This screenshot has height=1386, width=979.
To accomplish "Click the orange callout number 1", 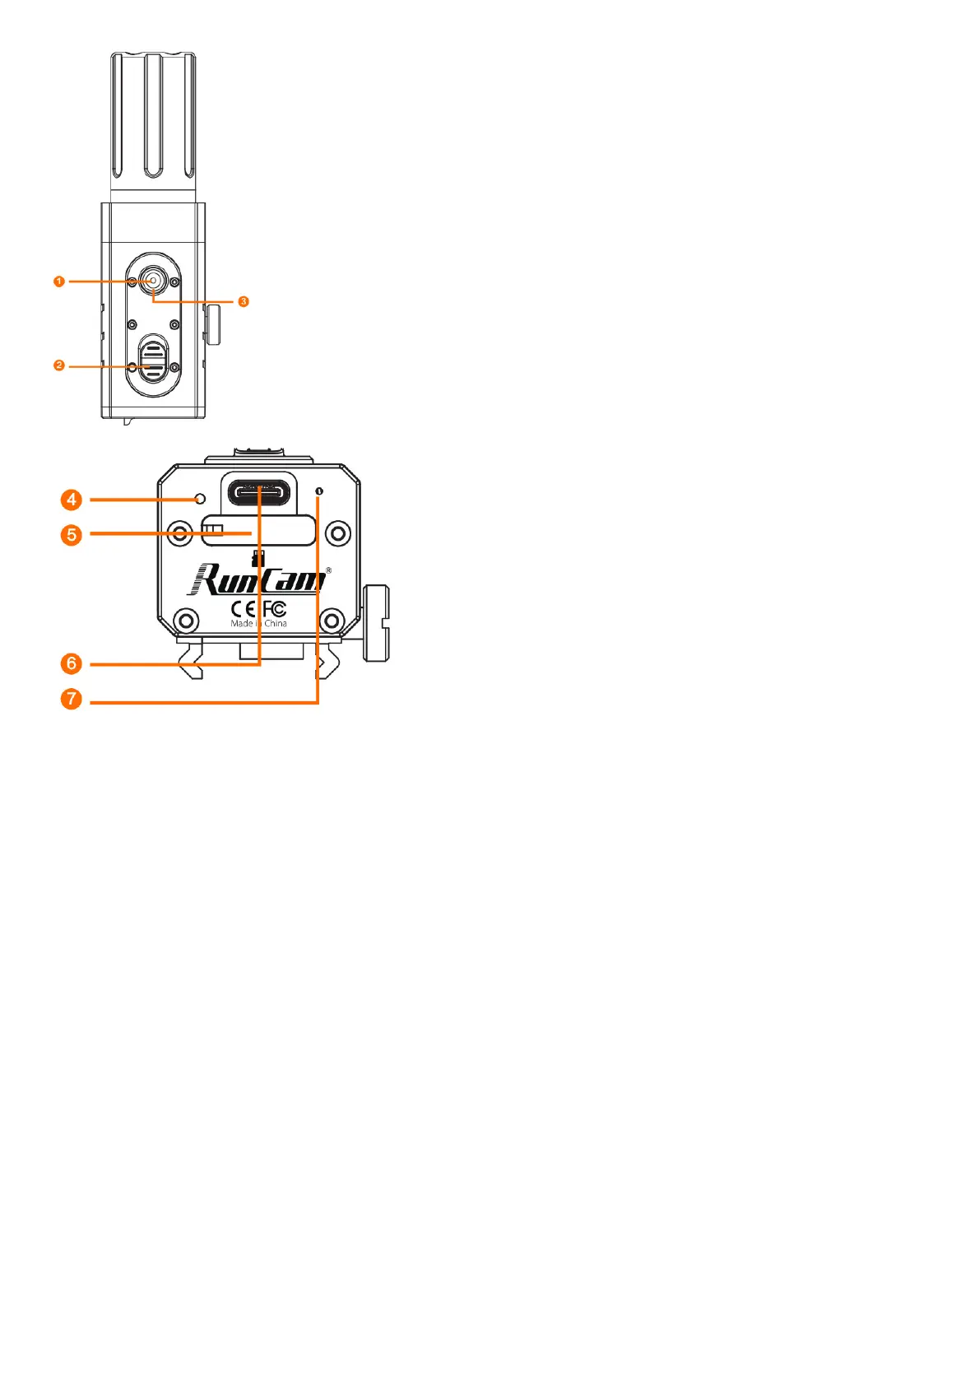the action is (x=58, y=281).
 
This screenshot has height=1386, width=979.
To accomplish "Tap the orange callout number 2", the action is (x=58, y=365).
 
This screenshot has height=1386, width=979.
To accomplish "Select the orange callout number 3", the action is (x=244, y=302).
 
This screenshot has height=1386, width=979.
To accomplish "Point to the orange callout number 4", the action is (x=72, y=500).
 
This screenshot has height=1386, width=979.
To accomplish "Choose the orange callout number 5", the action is (x=72, y=535).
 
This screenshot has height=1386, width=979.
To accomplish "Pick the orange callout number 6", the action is (x=72, y=663).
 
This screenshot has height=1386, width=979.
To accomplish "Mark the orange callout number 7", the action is (x=72, y=700).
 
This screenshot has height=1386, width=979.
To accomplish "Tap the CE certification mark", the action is (x=244, y=609).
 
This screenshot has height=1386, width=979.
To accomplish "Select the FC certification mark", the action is (x=275, y=609).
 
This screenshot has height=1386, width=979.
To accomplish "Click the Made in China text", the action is (x=259, y=624).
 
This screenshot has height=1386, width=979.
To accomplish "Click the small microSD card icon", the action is (x=258, y=557).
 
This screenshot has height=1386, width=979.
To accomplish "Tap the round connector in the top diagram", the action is (x=153, y=281).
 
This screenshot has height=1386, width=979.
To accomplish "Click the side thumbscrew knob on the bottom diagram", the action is (x=378, y=623).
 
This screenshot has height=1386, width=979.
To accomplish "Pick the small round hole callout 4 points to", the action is (x=200, y=499).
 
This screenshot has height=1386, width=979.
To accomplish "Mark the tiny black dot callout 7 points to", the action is (x=319, y=491).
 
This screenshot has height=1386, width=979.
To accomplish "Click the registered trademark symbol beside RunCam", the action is (x=329, y=570).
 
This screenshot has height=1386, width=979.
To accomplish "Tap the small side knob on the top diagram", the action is (x=214, y=324).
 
